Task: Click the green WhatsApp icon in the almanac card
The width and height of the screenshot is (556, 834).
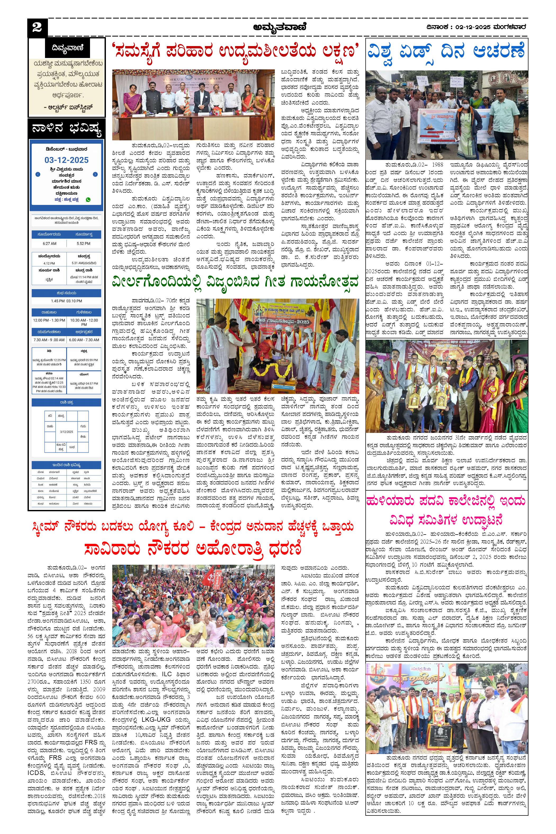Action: [x=88, y=199]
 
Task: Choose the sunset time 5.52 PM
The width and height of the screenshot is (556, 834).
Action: [x=83, y=244]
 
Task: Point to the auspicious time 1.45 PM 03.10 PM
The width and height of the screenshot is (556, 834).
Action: [x=66, y=301]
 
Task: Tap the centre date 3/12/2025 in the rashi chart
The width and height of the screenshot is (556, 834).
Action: [x=66, y=432]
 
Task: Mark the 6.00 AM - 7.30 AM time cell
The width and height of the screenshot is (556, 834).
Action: [x=84, y=340]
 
